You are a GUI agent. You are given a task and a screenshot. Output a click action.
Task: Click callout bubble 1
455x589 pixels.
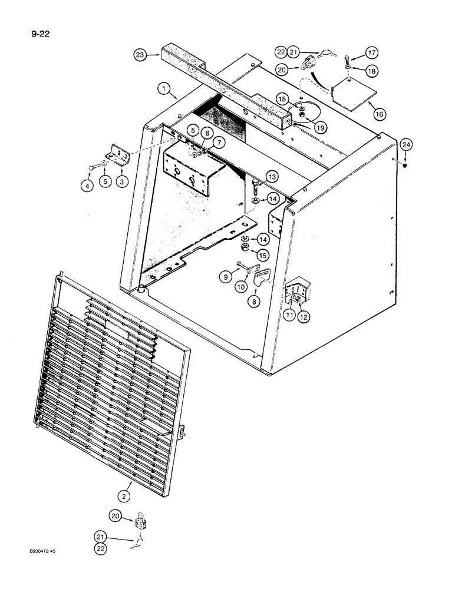163,89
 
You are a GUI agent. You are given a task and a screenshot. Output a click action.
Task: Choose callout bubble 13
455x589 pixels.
271,176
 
